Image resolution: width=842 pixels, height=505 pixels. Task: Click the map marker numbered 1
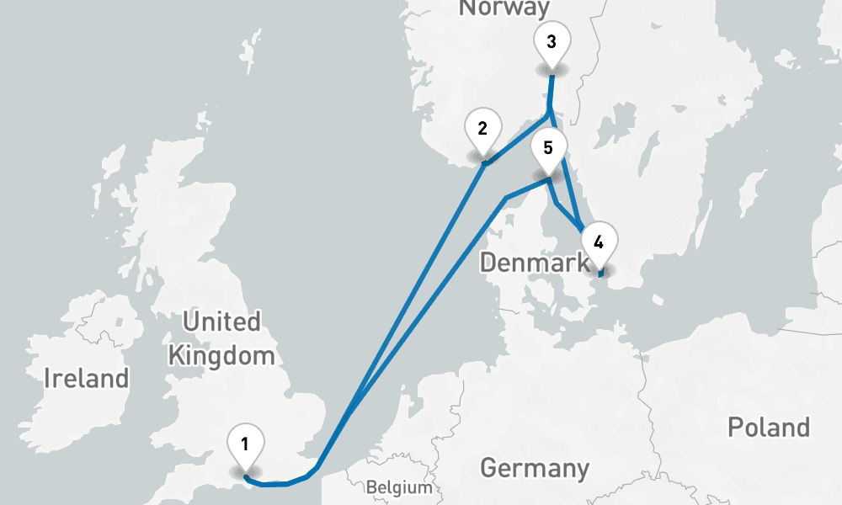coord(245,444)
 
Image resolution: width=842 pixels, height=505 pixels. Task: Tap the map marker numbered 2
coord(482,130)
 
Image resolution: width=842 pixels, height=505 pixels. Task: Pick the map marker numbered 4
coord(599,243)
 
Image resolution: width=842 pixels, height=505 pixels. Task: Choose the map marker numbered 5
coord(548,149)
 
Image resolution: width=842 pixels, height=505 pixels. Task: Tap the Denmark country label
coord(534,263)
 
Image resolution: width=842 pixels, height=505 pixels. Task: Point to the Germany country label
coord(534,467)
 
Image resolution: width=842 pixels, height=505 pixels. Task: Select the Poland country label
coord(768,427)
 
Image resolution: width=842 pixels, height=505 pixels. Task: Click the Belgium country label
coord(399,487)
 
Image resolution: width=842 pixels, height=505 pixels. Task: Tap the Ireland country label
coord(87,378)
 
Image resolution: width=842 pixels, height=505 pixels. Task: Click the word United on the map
coord(221,322)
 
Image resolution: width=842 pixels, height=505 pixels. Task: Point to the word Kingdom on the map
coord(221,355)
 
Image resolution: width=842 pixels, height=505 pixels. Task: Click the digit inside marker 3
coord(552,41)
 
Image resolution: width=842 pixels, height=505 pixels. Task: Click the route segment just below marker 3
coord(551,93)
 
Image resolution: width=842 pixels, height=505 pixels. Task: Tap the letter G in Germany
coord(489,467)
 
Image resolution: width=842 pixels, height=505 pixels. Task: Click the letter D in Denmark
coord(488,263)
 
